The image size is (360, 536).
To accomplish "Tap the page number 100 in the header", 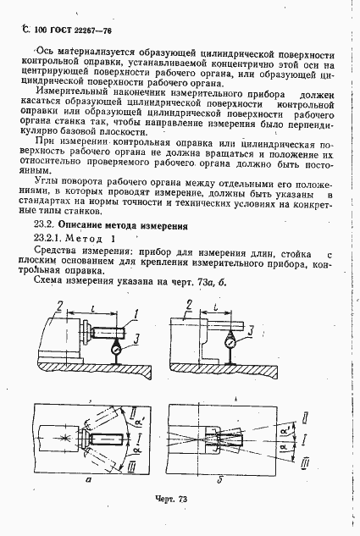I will tap(40, 29).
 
